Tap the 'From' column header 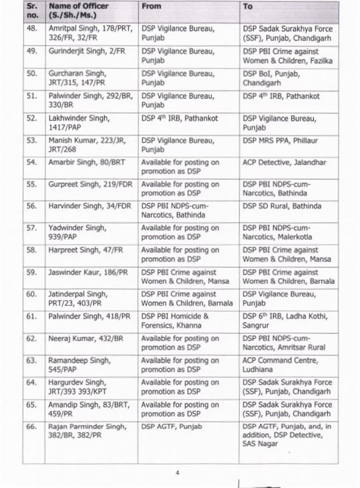151,7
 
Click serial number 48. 32,29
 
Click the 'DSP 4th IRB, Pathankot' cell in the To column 281,96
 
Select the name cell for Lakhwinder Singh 79,123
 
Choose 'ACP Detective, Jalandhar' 284,163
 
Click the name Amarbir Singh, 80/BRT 86,163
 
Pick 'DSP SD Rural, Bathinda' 282,206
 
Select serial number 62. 32,338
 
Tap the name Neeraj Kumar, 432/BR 86,338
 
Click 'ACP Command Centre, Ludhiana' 280,365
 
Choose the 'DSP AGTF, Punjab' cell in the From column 172,426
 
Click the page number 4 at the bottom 177,473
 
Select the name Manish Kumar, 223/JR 86,145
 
